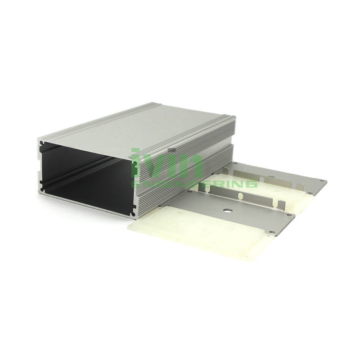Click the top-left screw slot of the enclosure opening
(x=42, y=144)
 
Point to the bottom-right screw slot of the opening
(x=134, y=207)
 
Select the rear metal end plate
(x=279, y=178)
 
